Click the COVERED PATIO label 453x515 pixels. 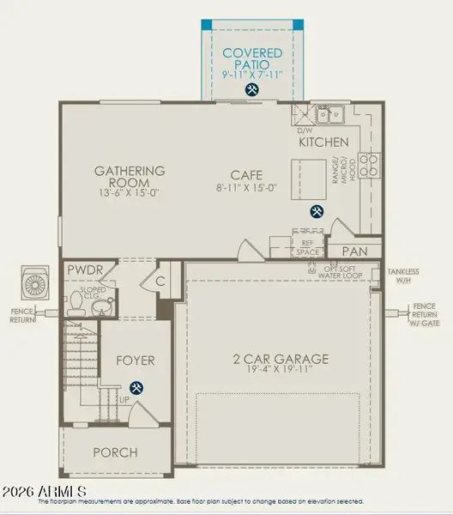coord(251,58)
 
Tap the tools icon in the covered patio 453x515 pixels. coord(251,88)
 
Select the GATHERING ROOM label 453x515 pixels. coord(130,177)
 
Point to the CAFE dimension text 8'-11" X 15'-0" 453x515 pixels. coord(246,187)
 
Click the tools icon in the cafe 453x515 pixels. coord(316,211)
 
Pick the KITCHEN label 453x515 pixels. coord(323,142)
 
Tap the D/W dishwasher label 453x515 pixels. coord(305,130)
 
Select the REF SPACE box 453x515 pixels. coord(307,245)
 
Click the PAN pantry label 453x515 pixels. coord(355,251)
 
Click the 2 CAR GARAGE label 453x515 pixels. coord(279,358)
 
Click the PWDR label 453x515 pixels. coord(85,270)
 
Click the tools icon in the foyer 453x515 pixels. coord(136,388)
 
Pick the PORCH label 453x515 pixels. coord(115,452)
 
